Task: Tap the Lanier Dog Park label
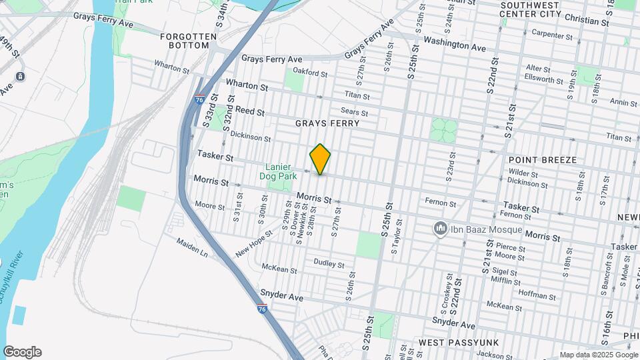pyautogui.click(x=279, y=171)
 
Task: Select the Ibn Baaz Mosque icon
pyautogui.click(x=440, y=229)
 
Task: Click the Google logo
pyautogui.click(x=22, y=352)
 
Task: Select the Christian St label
pyautogui.click(x=587, y=21)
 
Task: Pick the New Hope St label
pyautogui.click(x=254, y=245)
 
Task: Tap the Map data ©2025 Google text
pyautogui.click(x=598, y=355)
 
